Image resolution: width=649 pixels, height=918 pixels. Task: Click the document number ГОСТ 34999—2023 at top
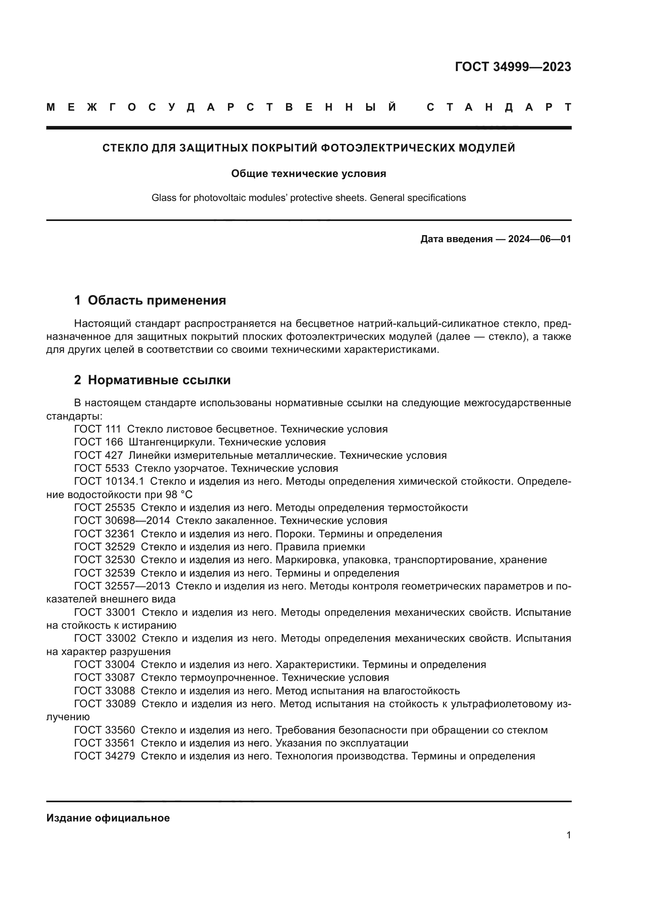[x=513, y=67]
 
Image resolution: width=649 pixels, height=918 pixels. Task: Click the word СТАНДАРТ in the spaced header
[x=499, y=107]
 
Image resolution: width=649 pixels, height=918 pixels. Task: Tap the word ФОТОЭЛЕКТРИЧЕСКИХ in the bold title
[x=387, y=148]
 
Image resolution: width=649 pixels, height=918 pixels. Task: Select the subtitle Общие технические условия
[x=308, y=173]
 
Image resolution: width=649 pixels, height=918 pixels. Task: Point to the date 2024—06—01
[x=539, y=239]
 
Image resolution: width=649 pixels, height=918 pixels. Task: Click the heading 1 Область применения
[x=150, y=300]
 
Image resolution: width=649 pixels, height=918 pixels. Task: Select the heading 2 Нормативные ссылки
[x=152, y=380]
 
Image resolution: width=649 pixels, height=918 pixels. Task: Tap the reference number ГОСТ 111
[x=97, y=429]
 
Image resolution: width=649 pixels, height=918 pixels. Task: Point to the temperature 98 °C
[x=179, y=495]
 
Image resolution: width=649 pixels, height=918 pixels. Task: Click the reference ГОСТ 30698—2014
[x=122, y=520]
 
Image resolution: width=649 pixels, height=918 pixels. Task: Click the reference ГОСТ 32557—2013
[x=122, y=586]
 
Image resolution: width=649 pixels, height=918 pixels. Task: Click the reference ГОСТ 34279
[x=104, y=756]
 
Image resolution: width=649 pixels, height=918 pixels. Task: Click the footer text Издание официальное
[x=108, y=818]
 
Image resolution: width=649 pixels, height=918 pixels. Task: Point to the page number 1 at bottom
[x=568, y=835]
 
